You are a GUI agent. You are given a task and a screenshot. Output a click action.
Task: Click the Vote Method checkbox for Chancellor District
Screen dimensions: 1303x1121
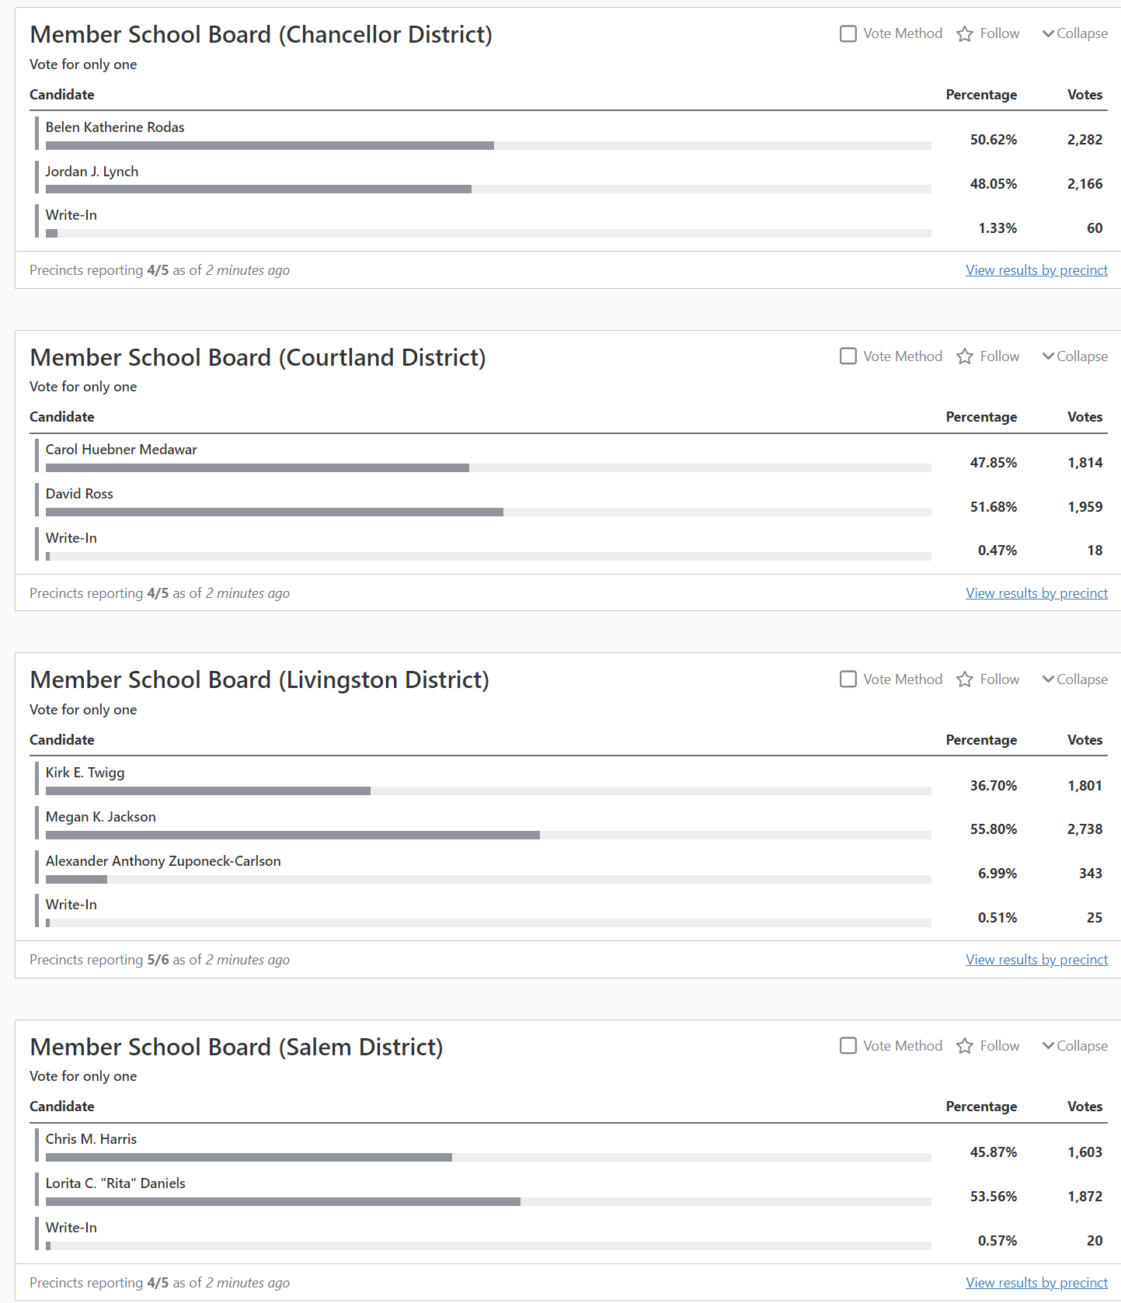[848, 33]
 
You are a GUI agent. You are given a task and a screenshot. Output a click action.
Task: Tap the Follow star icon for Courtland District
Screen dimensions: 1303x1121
[965, 356]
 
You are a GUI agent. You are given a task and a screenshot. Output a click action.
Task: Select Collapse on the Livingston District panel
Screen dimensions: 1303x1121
[1075, 679]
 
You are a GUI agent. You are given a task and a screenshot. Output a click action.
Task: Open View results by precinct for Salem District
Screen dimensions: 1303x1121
[1036, 1283]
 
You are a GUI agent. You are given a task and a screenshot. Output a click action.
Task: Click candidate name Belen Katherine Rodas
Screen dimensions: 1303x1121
[115, 127]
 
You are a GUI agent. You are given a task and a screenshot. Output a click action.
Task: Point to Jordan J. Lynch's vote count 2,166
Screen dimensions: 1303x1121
[1084, 184]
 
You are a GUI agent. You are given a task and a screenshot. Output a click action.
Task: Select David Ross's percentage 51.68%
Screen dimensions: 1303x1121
[993, 507]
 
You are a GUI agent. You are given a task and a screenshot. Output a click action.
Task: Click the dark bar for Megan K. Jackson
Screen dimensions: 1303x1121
[292, 835]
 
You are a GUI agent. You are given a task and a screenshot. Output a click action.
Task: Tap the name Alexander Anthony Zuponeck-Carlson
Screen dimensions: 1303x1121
[163, 861]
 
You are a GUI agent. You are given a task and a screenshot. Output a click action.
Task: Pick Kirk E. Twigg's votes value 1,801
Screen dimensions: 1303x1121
[1084, 786]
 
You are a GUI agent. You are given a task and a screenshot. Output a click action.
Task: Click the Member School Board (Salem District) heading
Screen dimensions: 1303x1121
[236, 1047]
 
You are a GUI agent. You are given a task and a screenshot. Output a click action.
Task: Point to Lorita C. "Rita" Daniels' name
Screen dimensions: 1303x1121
[116, 1183]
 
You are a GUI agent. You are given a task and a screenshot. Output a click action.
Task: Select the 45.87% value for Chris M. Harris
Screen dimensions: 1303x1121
[993, 1152]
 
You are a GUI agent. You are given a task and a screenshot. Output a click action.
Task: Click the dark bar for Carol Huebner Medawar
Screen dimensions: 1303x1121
[257, 468]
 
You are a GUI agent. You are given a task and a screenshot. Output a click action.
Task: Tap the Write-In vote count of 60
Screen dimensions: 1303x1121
[1094, 228]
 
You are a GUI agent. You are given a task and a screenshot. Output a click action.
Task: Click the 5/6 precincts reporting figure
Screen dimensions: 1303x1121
[158, 960]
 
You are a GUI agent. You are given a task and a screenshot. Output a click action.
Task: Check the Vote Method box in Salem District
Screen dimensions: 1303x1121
[848, 1046]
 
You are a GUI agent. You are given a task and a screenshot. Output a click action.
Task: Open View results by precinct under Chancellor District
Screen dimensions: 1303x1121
[1036, 270]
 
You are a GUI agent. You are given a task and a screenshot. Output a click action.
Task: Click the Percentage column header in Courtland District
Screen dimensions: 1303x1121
[981, 417]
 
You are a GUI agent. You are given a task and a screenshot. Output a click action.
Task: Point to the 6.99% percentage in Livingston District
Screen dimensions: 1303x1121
[997, 874]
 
